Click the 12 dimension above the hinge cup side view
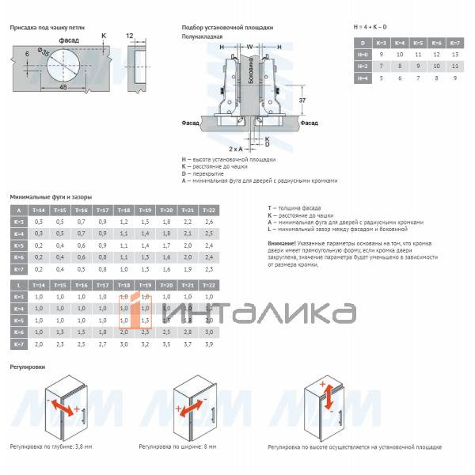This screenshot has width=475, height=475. tap(130, 37)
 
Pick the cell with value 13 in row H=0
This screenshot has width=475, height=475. tap(454, 55)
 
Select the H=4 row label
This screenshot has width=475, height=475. tap(363, 79)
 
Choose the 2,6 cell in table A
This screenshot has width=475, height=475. tap(209, 222)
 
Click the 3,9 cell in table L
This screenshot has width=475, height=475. tap(209, 344)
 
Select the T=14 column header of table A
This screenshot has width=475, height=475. tap(38, 210)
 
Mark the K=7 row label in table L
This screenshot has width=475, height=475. tap(17, 344)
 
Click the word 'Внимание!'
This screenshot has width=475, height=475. tap(282, 242)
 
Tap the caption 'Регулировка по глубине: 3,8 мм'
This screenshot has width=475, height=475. tap(51, 446)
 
